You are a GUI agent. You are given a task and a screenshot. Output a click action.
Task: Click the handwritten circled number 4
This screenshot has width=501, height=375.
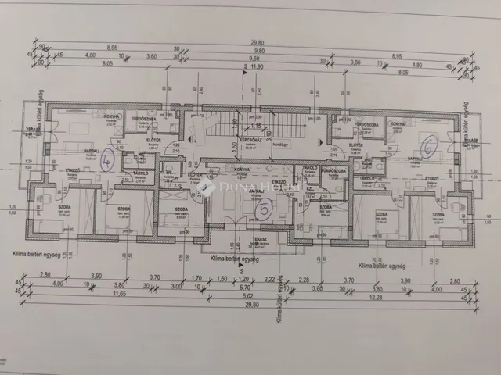pos(109,159)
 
